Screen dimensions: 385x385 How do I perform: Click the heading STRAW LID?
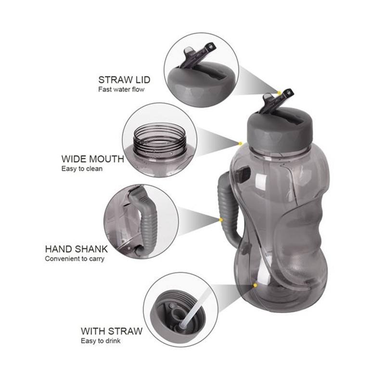tap(124, 80)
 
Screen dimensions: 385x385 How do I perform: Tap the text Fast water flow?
tap(121, 90)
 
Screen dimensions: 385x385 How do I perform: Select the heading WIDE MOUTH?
tap(93, 159)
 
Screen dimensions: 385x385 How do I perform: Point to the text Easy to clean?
tap(82, 169)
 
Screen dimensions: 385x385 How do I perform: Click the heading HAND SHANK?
tap(77, 249)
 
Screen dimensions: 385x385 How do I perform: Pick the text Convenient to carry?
tap(75, 259)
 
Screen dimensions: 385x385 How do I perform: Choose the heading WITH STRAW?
tap(112, 331)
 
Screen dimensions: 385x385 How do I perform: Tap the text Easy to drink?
tap(101, 341)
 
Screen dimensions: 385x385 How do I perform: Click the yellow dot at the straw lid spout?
tap(279, 92)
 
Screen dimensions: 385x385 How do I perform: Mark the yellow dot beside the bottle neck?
tap(240, 143)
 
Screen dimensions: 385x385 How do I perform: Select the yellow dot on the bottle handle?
tap(221, 220)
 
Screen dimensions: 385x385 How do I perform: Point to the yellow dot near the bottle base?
tap(256, 285)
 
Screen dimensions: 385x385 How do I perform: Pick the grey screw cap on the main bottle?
tap(280, 130)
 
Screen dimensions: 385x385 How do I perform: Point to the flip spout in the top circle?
tap(198, 55)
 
